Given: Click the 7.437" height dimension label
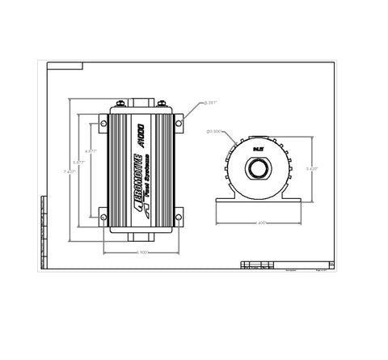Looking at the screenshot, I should click(70, 171).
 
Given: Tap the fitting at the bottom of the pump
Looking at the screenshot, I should click(141, 235).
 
